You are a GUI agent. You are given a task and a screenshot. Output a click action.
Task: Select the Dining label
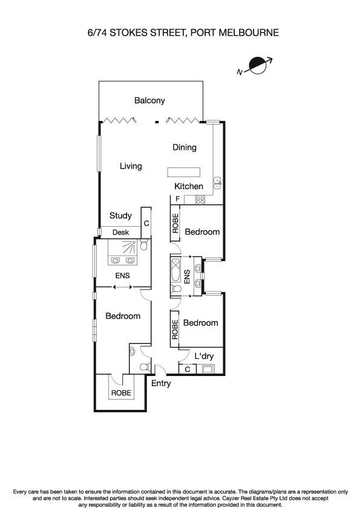[185, 147]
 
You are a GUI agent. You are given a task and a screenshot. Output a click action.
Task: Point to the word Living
[131, 166]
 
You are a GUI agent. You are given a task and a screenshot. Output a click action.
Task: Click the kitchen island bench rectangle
[183, 170]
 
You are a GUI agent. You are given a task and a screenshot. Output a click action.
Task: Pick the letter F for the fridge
[177, 199]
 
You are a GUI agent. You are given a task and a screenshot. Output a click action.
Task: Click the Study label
[120, 216]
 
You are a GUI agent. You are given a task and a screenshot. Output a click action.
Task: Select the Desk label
[120, 232]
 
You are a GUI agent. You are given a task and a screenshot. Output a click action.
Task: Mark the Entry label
[161, 383]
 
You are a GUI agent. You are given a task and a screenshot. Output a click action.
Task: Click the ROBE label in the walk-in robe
[120, 393]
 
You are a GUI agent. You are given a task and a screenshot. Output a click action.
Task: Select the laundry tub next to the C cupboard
[208, 369]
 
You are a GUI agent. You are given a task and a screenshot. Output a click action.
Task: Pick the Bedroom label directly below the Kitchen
[202, 232]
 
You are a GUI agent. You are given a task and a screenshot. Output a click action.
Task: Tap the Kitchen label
[189, 186]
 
